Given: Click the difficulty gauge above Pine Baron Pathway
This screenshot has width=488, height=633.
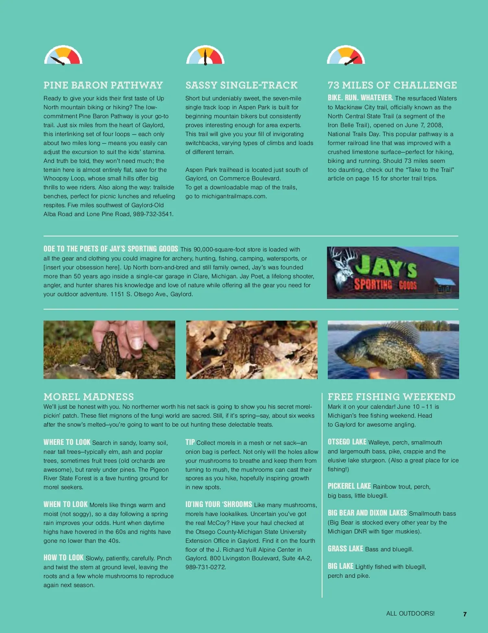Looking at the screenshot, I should tap(63, 56).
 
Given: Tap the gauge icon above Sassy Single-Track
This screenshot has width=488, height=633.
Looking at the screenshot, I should tap(205, 56).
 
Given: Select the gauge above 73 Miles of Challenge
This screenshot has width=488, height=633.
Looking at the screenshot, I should tap(346, 56).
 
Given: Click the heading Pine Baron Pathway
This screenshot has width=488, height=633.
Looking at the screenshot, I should tap(103, 85).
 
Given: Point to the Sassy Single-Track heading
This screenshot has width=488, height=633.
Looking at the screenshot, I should tap(241, 85).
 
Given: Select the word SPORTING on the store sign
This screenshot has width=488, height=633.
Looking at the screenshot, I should tap(373, 284).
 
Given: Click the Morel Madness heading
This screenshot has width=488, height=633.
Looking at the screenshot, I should tap(89, 397).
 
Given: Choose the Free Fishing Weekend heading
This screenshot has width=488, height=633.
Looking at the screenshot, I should tap(391, 397).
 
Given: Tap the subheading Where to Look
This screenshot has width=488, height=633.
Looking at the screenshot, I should tap(67, 442).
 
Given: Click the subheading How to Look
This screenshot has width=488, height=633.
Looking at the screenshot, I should tap(63, 558).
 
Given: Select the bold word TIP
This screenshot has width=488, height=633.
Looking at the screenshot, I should tap(190, 442).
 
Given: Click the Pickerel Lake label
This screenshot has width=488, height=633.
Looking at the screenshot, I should tap(349, 486).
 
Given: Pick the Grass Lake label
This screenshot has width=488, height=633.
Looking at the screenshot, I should tap(345, 548).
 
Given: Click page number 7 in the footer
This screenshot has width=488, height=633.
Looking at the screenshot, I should tap(465, 614).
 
